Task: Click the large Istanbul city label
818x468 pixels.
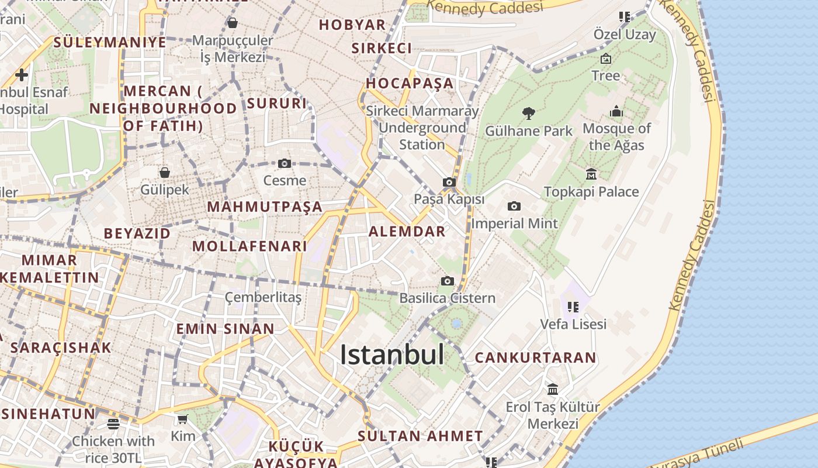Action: click(x=391, y=355)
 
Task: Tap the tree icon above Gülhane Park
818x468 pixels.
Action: click(x=529, y=113)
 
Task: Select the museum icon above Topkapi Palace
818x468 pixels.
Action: click(x=591, y=174)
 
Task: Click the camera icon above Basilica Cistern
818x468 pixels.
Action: click(x=448, y=281)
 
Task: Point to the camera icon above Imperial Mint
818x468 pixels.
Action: click(x=514, y=206)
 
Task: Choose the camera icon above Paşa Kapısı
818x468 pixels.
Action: click(x=449, y=182)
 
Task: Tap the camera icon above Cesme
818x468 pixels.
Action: click(x=285, y=163)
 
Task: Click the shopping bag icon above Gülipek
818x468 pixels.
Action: click(x=165, y=173)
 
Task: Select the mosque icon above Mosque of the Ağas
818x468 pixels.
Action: click(x=616, y=111)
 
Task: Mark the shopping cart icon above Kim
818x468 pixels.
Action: click(x=182, y=419)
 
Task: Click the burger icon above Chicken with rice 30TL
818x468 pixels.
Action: click(x=113, y=424)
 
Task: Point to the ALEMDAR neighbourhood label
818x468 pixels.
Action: click(x=407, y=231)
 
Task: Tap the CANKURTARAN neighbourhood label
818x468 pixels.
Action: click(x=535, y=357)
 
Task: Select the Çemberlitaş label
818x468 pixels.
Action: click(x=264, y=298)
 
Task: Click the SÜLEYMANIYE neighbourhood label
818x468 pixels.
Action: click(x=110, y=42)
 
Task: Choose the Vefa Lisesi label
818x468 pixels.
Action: click(x=573, y=324)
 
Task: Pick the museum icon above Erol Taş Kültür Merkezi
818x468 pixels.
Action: click(x=553, y=389)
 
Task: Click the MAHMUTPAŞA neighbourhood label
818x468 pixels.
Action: click(x=265, y=207)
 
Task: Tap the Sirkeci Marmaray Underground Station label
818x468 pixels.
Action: click(x=422, y=128)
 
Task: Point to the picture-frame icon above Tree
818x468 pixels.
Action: click(x=606, y=58)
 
